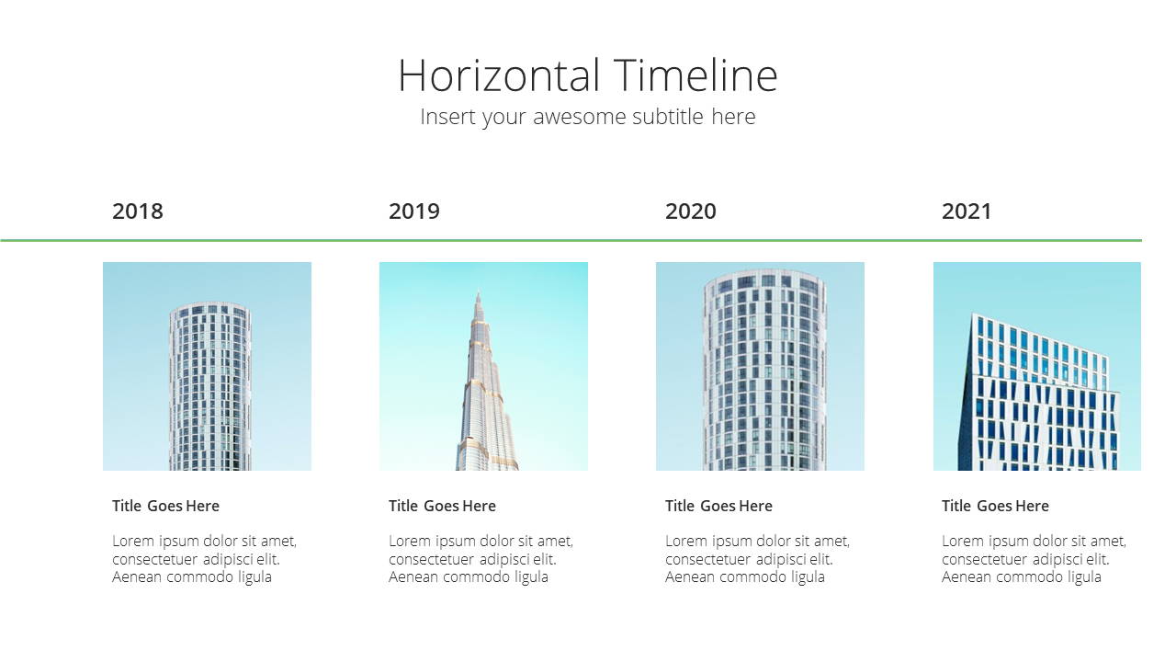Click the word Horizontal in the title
coord(499,75)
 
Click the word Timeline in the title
coord(695,75)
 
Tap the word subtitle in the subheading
coord(668,116)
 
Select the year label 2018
coord(138,211)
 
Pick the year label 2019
coord(414,211)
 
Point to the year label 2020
coord(690,211)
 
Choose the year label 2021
coord(967,211)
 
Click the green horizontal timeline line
coord(571,241)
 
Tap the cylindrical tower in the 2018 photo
coord(210,386)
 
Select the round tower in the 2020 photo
coord(763,370)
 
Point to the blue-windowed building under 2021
coord(1037,394)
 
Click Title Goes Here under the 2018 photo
coord(165,506)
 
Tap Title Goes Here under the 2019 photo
coord(442,506)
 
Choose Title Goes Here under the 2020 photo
coord(718,506)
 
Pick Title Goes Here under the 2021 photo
coord(995,506)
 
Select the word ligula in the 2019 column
coord(531,577)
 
